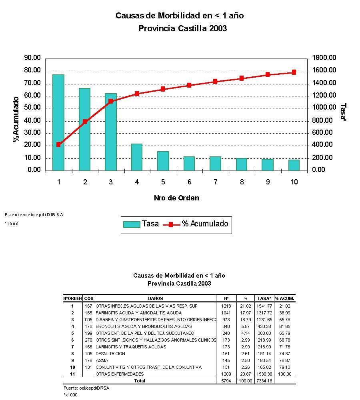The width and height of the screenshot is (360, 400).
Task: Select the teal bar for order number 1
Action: pyautogui.click(x=58, y=122)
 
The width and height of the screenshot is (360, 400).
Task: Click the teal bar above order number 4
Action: pyautogui.click(x=137, y=157)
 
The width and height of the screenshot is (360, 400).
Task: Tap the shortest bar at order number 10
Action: pyautogui.click(x=294, y=165)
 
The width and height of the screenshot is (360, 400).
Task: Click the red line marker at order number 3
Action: pyautogui.click(x=111, y=101)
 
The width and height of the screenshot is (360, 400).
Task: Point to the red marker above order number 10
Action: pyautogui.click(x=294, y=72)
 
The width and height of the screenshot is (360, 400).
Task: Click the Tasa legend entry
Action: pyautogui.click(x=141, y=224)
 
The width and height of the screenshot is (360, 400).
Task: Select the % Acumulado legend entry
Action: pyautogui.click(x=196, y=224)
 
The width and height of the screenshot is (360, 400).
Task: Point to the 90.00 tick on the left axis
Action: pyautogui.click(x=32, y=58)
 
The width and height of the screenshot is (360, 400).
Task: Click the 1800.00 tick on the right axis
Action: pyautogui.click(x=324, y=58)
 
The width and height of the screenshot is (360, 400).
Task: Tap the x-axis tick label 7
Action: pyautogui.click(x=215, y=182)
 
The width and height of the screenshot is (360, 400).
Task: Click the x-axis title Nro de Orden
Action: pyautogui.click(x=176, y=198)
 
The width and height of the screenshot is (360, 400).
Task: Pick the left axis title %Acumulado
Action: pyautogui.click(x=16, y=119)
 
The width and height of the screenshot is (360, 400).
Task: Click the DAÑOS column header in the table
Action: pyautogui.click(x=156, y=298)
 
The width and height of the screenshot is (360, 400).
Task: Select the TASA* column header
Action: pyautogui.click(x=264, y=298)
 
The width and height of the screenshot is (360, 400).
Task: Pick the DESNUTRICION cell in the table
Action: pyautogui.click(x=110, y=354)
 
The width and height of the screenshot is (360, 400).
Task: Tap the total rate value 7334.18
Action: pyautogui.click(x=264, y=381)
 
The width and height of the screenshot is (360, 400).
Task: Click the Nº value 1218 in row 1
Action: pyautogui.click(x=226, y=306)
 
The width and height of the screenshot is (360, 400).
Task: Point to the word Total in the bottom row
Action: pyautogui.click(x=139, y=381)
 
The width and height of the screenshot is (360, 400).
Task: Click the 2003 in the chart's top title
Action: pyautogui.click(x=218, y=28)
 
